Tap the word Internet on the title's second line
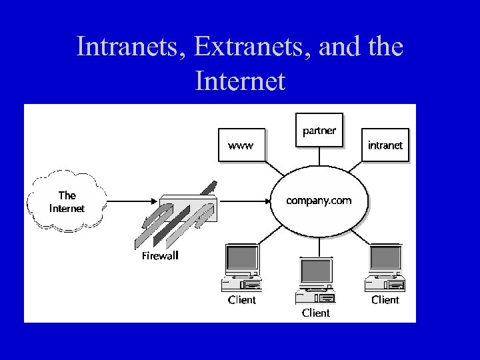tap(240, 81)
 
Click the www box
tap(241, 145)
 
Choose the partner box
tap(319, 130)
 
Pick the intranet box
tap(385, 145)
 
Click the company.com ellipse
tap(319, 200)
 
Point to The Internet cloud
tap(67, 201)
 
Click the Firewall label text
tap(161, 255)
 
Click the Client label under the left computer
tap(241, 300)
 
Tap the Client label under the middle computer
tap(315, 312)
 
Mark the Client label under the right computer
tap(385, 300)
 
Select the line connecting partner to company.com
tap(319, 156)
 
